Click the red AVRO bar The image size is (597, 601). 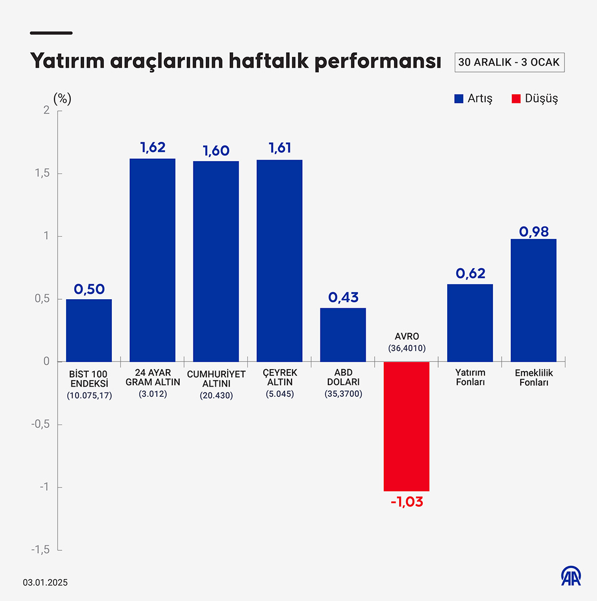pyautogui.click(x=406, y=426)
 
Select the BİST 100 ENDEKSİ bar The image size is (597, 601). pyautogui.click(x=89, y=330)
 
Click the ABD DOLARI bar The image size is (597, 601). pyautogui.click(x=343, y=335)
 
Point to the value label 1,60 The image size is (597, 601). pyautogui.click(x=216, y=151)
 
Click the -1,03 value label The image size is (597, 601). pyautogui.click(x=407, y=502)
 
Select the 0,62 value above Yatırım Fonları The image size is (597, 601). pyautogui.click(x=470, y=274)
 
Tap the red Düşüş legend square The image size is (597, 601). pyautogui.click(x=515, y=99)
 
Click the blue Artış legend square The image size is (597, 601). pyautogui.click(x=458, y=99)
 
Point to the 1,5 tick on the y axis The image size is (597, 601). pyautogui.click(x=42, y=173)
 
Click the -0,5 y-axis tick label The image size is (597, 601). pyautogui.click(x=40, y=424)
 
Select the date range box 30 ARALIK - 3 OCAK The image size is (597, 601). pyautogui.click(x=509, y=62)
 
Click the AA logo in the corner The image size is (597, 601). pyautogui.click(x=571, y=576)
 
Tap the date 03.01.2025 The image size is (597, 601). pyautogui.click(x=45, y=582)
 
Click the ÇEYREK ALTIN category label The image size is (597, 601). pyautogui.click(x=280, y=378)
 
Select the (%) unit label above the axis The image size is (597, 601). pyautogui.click(x=62, y=99)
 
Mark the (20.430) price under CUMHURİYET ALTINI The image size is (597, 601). pyautogui.click(x=216, y=396)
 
